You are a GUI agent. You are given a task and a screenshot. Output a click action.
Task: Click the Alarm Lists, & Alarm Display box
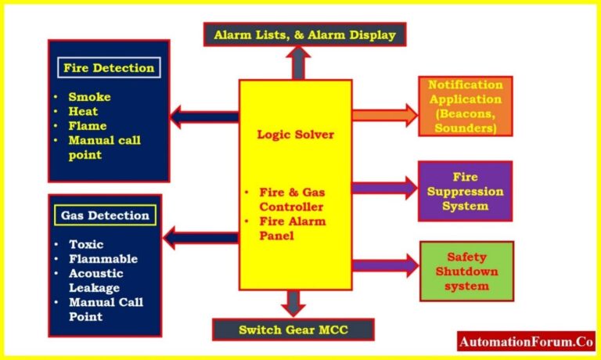click(x=304, y=34)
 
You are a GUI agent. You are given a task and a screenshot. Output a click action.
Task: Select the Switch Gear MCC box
click(x=293, y=329)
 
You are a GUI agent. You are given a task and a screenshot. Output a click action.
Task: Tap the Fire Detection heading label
click(x=109, y=68)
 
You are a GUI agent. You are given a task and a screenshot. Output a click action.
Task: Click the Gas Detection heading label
click(x=105, y=215)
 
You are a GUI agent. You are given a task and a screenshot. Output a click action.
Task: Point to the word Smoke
click(x=89, y=97)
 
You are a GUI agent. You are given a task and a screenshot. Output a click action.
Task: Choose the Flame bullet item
click(x=88, y=125)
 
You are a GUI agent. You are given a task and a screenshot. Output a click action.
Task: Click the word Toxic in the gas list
click(x=85, y=244)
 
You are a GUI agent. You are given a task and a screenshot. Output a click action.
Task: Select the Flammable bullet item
click(x=103, y=258)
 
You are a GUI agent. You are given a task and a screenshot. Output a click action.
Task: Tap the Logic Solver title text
click(x=295, y=135)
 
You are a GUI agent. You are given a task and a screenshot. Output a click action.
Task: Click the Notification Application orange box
click(x=465, y=106)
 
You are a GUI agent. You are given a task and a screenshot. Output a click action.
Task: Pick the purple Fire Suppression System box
click(x=465, y=191)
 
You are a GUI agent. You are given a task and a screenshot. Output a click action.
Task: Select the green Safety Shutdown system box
click(x=466, y=271)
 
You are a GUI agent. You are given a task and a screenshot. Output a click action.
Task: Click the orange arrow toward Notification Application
click(x=384, y=115)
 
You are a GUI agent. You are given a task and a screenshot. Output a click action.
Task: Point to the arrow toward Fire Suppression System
click(x=384, y=187)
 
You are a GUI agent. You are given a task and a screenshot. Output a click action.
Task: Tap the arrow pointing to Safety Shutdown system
click(x=384, y=265)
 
